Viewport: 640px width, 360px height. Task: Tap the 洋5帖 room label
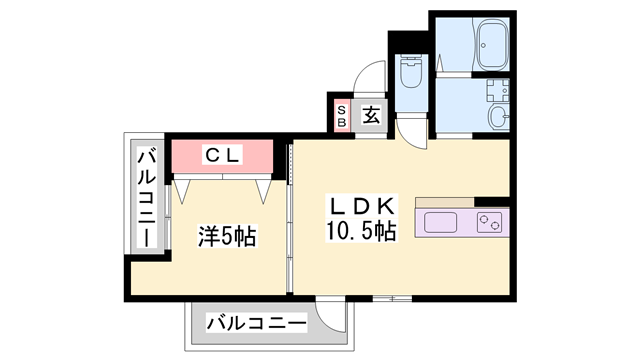point(226,237)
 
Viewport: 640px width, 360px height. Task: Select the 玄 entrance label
point(370,115)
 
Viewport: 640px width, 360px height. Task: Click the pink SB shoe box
point(342,116)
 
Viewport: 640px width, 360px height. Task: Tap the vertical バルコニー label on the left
point(145,197)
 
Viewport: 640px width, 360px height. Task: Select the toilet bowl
point(411,74)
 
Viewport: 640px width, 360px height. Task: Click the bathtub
point(491,45)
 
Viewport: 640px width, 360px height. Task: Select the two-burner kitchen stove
point(489,222)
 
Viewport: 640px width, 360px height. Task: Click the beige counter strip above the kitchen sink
point(461,200)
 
